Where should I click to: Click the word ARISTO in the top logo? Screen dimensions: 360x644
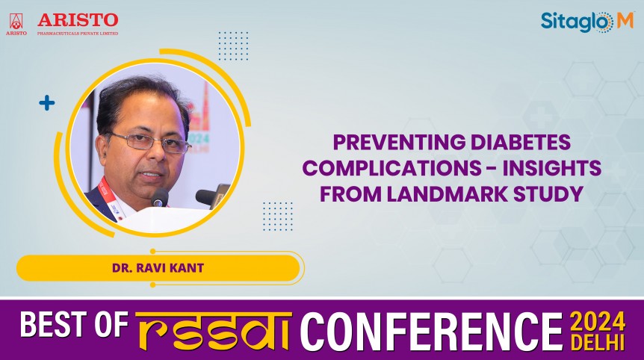[x=78, y=19]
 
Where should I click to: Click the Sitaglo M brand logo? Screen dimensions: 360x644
[x=586, y=22]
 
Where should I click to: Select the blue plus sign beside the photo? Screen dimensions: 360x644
[x=47, y=103]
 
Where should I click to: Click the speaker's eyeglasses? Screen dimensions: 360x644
[x=149, y=141]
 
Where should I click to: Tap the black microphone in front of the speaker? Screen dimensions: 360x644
[x=160, y=197]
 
